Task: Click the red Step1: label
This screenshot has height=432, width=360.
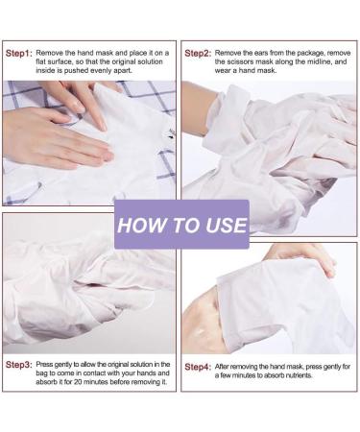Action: tap(19, 53)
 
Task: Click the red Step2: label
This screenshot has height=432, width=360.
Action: tap(198, 53)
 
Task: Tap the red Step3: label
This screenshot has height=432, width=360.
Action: tap(19, 365)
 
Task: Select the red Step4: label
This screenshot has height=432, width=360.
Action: tap(198, 367)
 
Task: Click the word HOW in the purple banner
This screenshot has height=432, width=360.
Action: tap(141, 226)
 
